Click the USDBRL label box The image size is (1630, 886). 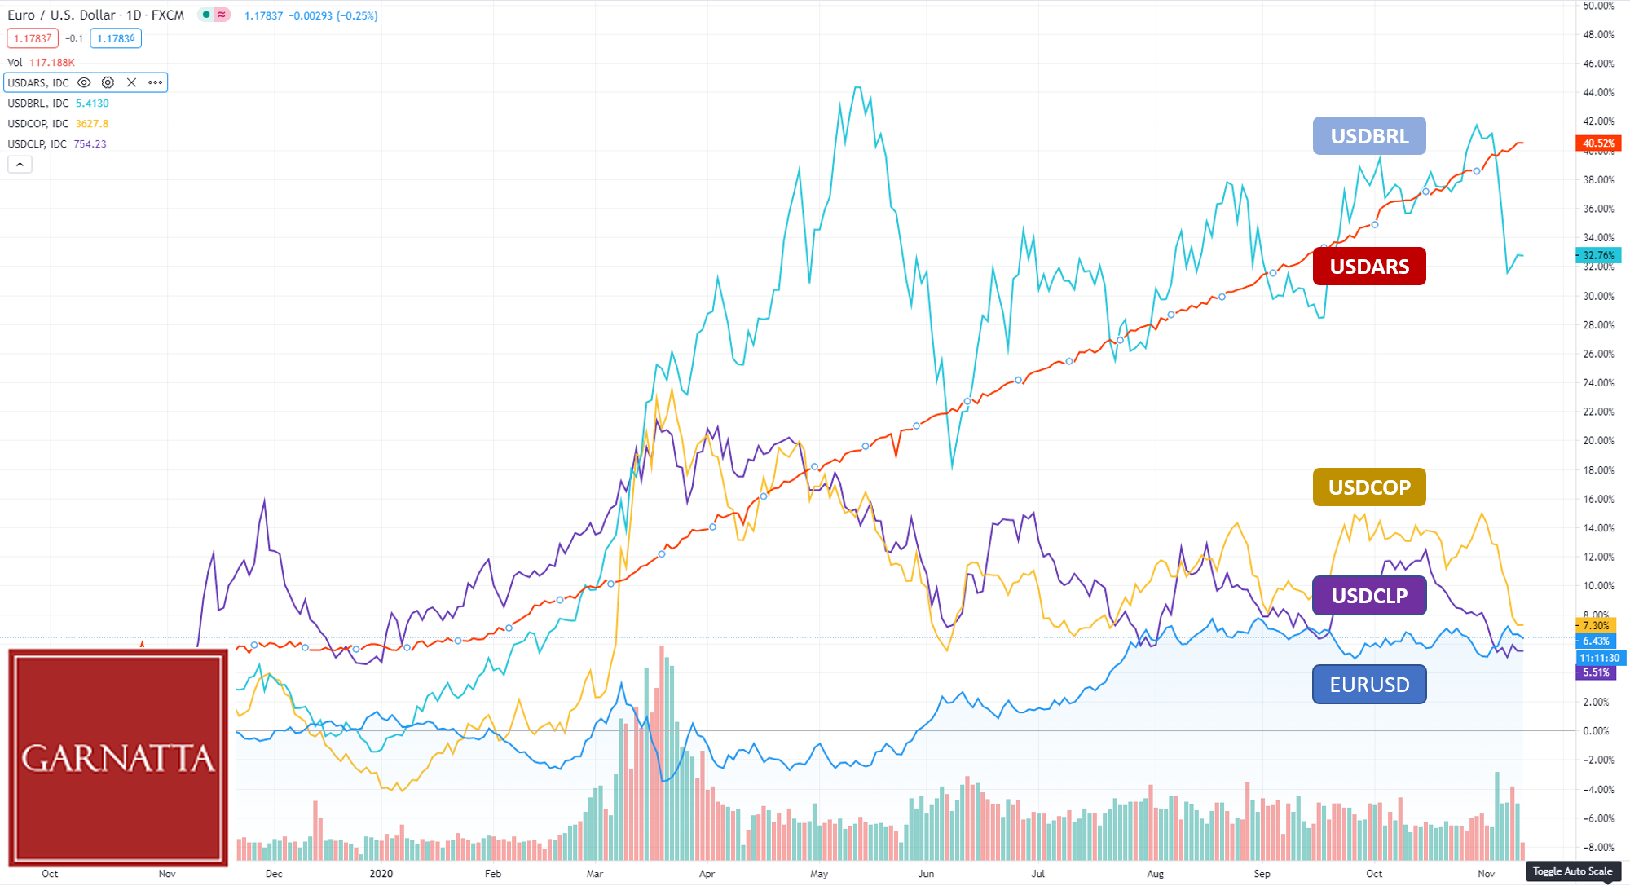1369,136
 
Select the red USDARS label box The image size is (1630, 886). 1369,267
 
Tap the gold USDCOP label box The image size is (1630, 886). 1369,487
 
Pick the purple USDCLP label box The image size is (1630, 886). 1369,596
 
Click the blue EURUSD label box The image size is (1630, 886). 1369,685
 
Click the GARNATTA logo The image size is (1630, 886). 118,757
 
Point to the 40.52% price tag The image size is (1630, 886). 1598,143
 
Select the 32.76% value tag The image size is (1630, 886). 1598,255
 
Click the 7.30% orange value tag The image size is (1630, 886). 1596,626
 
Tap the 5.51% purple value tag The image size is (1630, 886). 1596,672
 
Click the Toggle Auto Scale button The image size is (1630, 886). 1572,871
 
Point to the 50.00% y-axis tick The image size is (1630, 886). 1598,6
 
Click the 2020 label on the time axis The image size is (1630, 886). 381,874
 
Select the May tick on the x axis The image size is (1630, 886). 818,874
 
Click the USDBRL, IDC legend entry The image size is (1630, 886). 38,104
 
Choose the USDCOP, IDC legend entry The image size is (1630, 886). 38,124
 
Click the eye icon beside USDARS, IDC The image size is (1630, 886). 84,82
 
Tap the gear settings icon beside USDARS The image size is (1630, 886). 108,82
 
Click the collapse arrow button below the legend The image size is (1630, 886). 20,165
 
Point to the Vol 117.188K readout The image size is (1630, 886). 41,63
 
